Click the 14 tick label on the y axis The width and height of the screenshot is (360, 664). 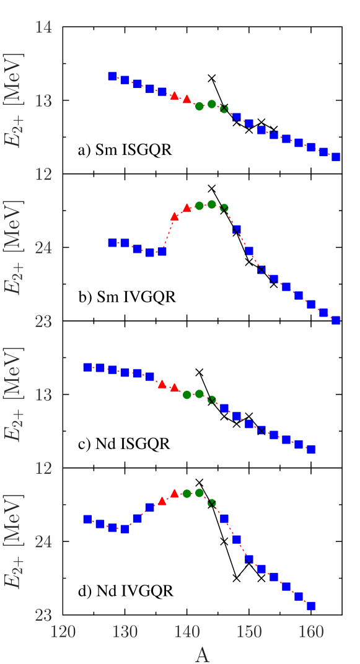pyautogui.click(x=43, y=27)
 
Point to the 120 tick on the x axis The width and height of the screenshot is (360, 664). pyautogui.click(x=63, y=632)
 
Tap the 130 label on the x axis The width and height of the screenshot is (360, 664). pyautogui.click(x=125, y=632)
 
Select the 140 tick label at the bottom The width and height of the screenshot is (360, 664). pyautogui.click(x=187, y=632)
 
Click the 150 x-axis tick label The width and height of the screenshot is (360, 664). pyautogui.click(x=249, y=632)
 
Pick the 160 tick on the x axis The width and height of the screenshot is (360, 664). pyautogui.click(x=311, y=632)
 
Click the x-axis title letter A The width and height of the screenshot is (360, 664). pyautogui.click(x=203, y=654)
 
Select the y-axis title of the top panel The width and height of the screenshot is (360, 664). pyautogui.click(x=13, y=101)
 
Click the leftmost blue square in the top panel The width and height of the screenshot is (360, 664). pyautogui.click(x=112, y=76)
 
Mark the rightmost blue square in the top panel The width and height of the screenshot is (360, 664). pyautogui.click(x=336, y=157)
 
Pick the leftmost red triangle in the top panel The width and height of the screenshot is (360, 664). pyautogui.click(x=175, y=95)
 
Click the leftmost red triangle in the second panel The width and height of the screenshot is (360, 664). pyautogui.click(x=175, y=216)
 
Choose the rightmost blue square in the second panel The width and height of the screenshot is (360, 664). pyautogui.click(x=336, y=320)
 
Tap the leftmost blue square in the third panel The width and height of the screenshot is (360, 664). pyautogui.click(x=87, y=367)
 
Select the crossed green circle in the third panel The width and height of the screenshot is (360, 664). pyautogui.click(x=212, y=400)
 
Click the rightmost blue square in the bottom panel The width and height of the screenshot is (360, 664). pyautogui.click(x=311, y=606)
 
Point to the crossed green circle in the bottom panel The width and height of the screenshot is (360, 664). pyautogui.click(x=212, y=503)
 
